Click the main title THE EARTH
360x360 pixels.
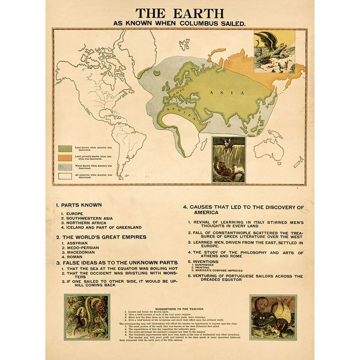(180, 13)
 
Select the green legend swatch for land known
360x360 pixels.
(65, 148)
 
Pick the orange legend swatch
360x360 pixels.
(65, 157)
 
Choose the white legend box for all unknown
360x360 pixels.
(65, 176)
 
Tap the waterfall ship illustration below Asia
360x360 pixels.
(228, 159)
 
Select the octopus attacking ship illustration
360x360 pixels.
(273, 317)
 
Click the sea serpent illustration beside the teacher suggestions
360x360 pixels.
(87, 317)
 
